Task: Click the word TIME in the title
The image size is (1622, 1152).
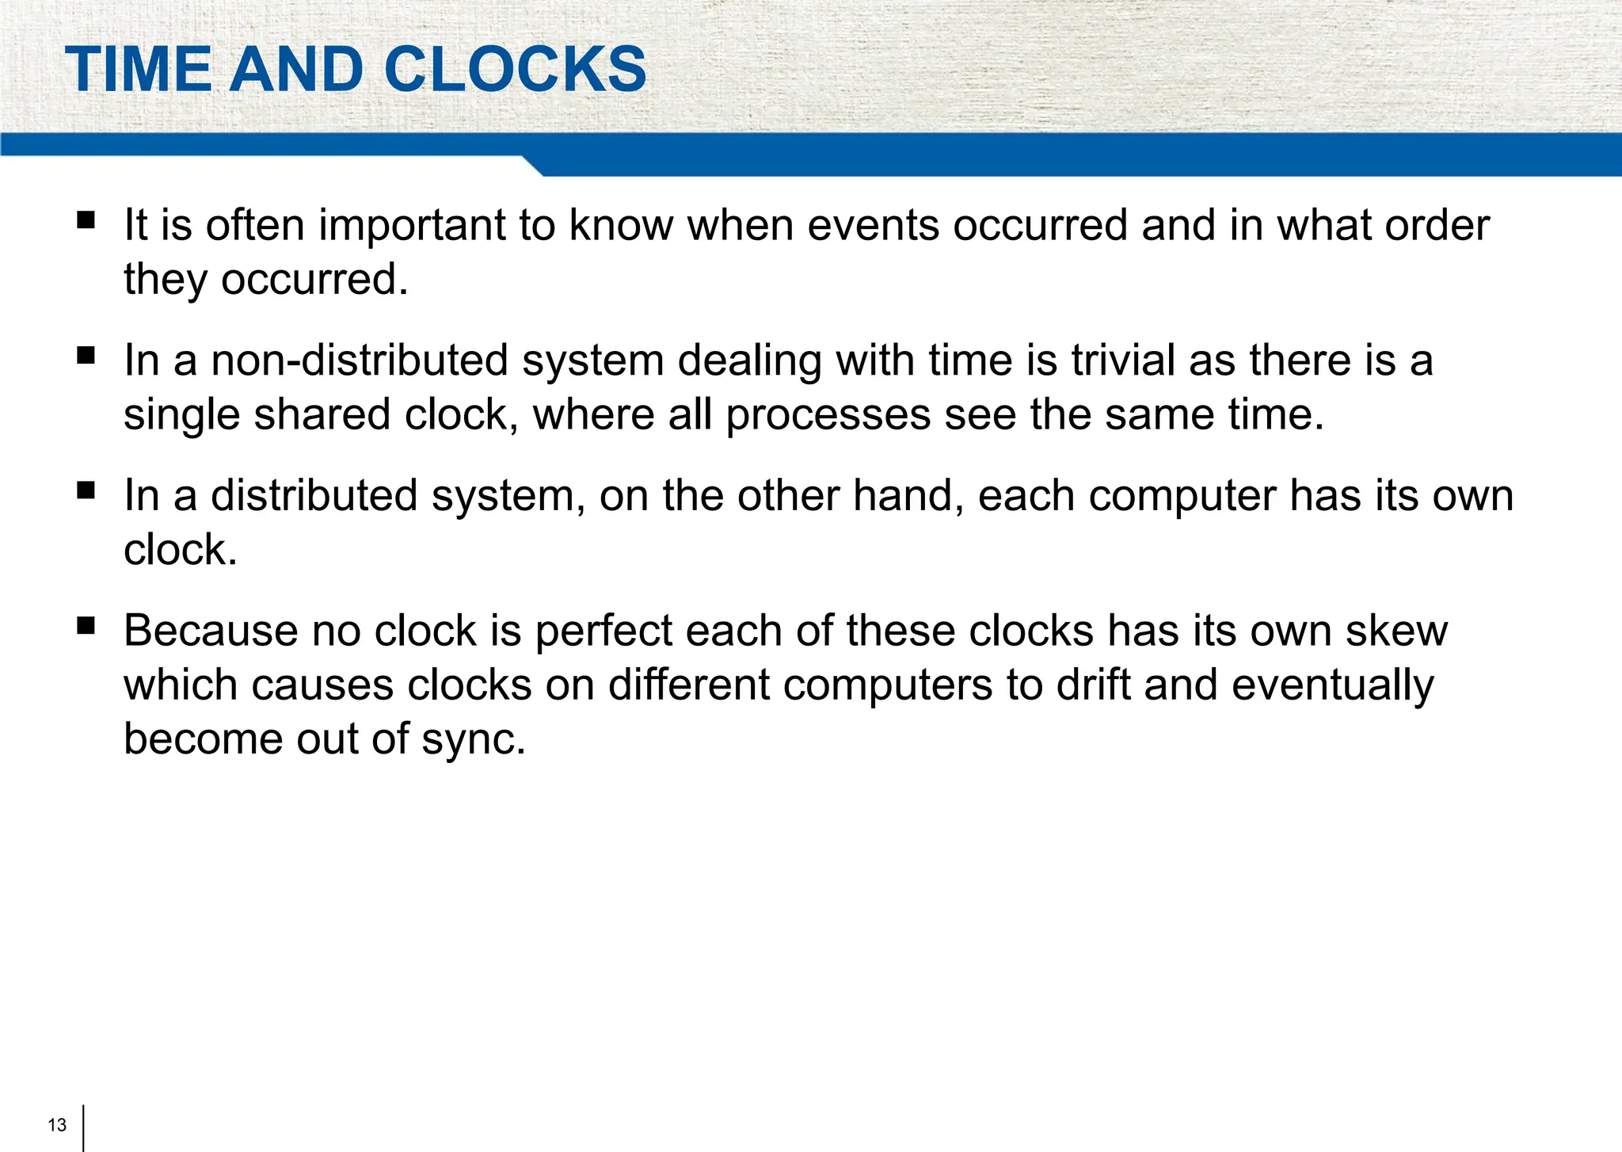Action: click(x=138, y=70)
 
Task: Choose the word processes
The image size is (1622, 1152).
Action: click(x=828, y=416)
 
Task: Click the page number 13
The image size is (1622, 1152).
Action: click(x=57, y=1125)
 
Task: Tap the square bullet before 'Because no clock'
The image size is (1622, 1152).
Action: click(x=86, y=627)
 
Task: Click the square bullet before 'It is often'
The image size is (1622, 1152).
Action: click(x=86, y=219)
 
